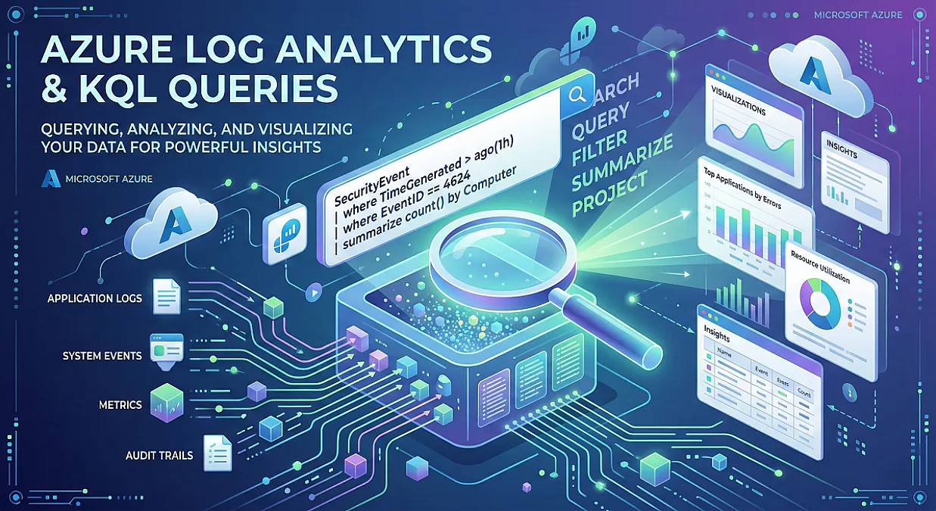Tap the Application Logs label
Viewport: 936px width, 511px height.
click(x=94, y=298)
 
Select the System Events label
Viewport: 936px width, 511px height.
click(x=101, y=355)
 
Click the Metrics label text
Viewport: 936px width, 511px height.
click(x=120, y=405)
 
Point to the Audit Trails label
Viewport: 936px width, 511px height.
click(x=159, y=455)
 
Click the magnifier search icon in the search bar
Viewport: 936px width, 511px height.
click(x=577, y=95)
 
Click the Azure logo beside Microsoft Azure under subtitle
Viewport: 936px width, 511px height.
click(x=51, y=178)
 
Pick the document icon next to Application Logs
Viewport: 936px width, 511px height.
click(x=166, y=296)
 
